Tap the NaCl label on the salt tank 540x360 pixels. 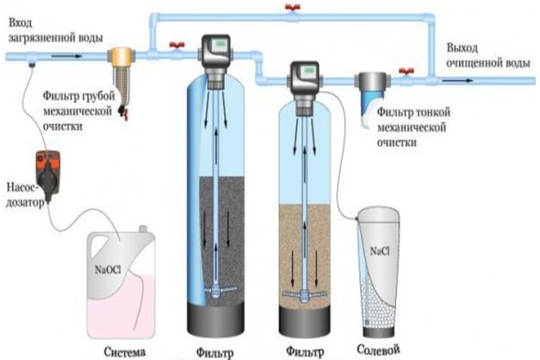click(378, 250)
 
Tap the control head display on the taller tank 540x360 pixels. click(220, 45)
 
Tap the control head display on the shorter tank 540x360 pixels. click(310, 71)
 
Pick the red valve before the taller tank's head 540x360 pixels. click(174, 45)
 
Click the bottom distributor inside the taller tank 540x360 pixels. click(216, 290)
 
